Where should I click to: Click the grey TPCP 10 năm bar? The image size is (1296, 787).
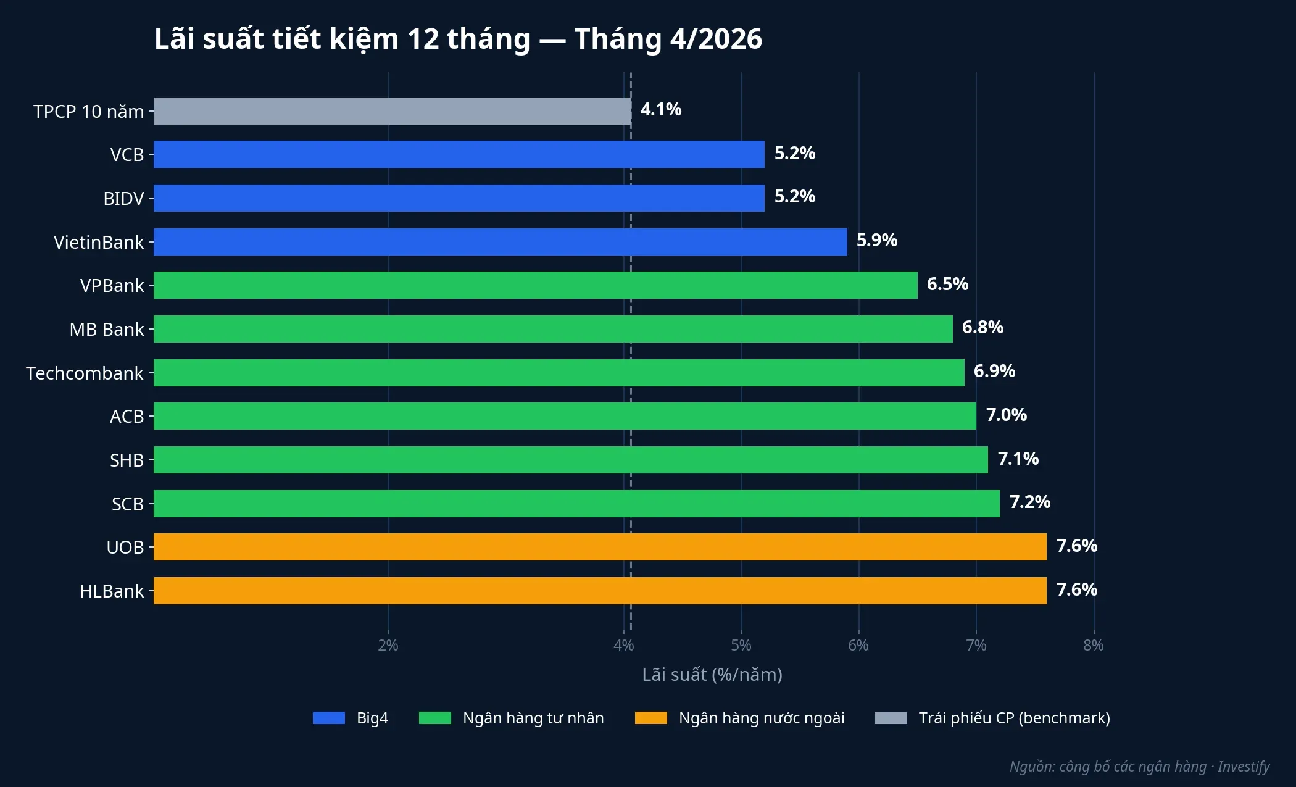(392, 111)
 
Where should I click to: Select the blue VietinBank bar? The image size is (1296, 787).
(500, 242)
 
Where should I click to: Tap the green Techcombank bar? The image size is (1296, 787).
(559, 373)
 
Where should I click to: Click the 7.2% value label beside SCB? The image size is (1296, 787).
(1029, 502)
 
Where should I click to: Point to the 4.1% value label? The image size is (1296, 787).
(660, 109)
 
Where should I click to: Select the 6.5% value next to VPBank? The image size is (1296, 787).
(947, 284)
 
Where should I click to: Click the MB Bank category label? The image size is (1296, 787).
(106, 330)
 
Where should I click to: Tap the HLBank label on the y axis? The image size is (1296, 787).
(112, 591)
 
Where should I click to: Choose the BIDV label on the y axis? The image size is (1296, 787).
(123, 199)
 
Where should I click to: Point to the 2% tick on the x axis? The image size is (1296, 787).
(388, 645)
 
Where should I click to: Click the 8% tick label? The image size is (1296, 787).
(1093, 645)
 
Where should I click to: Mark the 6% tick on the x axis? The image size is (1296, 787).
(858, 645)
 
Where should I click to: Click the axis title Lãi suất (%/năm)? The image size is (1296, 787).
(712, 675)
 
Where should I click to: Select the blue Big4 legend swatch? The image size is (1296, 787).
(328, 718)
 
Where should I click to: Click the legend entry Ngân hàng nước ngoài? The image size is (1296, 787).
(761, 718)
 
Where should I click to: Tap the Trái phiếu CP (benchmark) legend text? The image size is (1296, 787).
(1014, 718)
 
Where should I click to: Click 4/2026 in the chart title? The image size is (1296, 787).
(716, 39)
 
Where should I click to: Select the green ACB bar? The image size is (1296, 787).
(565, 416)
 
